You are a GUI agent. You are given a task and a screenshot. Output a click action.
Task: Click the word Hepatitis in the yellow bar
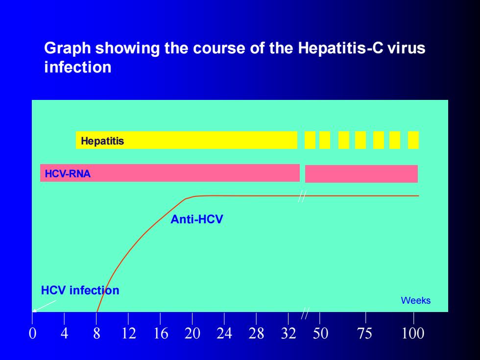[102, 141]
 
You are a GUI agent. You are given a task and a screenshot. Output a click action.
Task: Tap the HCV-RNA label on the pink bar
[68, 174]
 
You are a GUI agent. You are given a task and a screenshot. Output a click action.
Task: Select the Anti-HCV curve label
[197, 219]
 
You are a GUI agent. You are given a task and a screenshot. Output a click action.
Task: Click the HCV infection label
[80, 290]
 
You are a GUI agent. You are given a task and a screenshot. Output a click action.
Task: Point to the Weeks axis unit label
[416, 300]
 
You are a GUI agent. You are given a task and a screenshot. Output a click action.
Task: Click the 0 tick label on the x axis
[32, 333]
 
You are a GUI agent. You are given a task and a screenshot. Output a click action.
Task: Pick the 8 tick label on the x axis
[96, 333]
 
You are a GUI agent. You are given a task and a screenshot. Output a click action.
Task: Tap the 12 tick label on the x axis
[128, 333]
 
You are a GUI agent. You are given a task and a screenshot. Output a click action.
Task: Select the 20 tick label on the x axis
[192, 333]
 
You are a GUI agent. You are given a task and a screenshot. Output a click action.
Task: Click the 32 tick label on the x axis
[288, 333]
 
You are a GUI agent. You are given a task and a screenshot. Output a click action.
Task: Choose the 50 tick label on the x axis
[320, 333]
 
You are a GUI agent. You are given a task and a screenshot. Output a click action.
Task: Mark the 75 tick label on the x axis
[365, 333]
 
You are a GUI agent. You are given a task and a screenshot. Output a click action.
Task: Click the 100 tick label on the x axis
[413, 333]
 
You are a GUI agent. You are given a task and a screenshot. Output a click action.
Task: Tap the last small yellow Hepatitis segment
[413, 140]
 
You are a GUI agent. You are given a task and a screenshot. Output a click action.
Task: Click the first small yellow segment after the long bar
[310, 140]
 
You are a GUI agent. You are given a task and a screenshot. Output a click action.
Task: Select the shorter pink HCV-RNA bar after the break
[361, 174]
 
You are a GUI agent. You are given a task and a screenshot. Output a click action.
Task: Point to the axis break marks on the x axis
[305, 313]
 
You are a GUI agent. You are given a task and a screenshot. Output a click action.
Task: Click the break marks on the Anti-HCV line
[302, 196]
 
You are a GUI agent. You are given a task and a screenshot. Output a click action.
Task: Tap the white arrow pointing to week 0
[45, 306]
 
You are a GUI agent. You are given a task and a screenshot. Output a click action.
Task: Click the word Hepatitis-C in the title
[340, 48]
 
